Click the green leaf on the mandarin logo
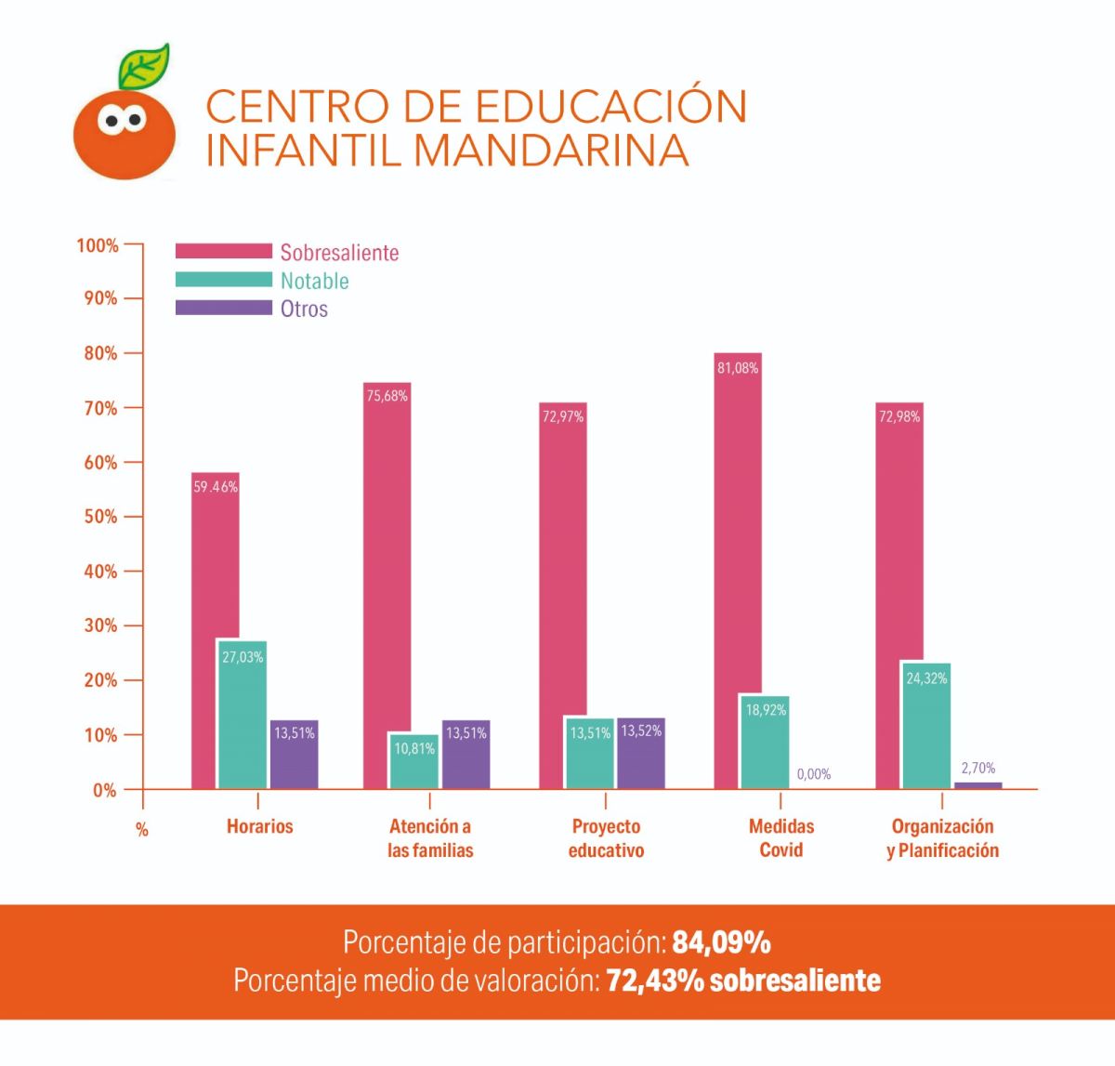[145, 66]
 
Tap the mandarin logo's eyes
[123, 119]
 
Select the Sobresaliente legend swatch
[223, 252]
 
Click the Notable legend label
[314, 281]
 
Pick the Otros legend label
[304, 309]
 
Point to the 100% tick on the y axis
[98, 245]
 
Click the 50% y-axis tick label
[98, 517]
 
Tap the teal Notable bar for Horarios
[242, 716]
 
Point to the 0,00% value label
[814, 774]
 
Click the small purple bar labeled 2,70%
[977, 785]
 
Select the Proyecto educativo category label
[606, 838]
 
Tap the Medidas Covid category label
[781, 838]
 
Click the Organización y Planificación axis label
[942, 838]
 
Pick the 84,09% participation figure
[722, 942]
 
